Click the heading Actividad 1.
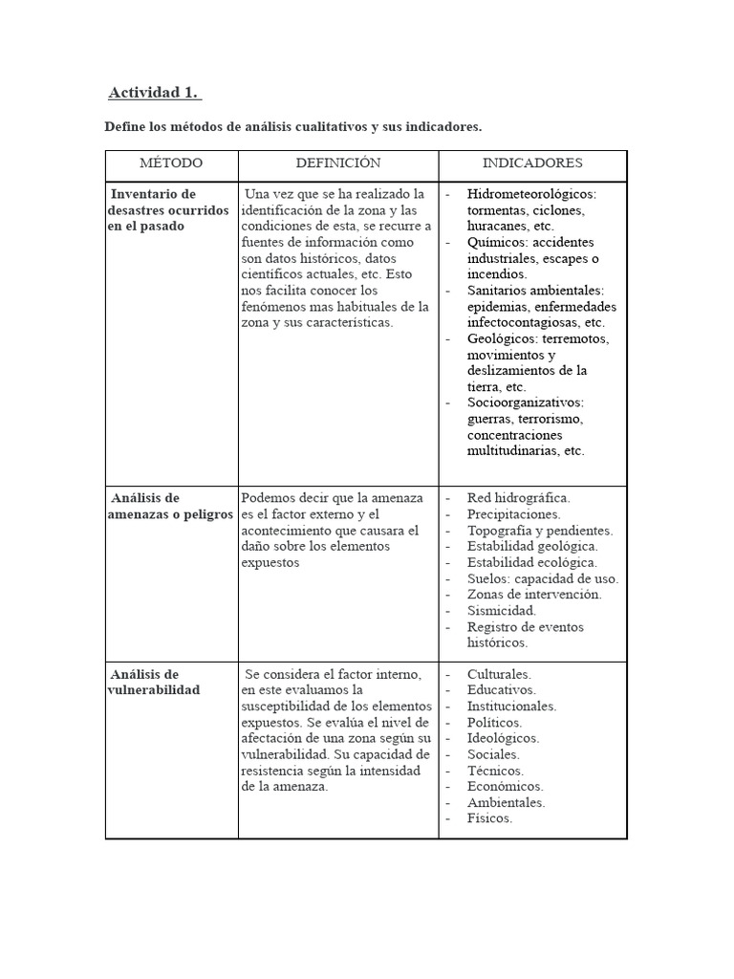click(154, 93)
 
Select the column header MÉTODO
click(171, 163)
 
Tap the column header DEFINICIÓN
click(337, 163)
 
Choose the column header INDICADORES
click(531, 163)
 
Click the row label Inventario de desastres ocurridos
click(167, 209)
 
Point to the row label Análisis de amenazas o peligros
click(170, 506)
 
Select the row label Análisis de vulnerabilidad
click(155, 682)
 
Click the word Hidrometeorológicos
click(530, 194)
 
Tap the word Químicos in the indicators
click(496, 243)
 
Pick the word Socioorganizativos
click(525, 402)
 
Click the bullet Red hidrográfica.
click(518, 498)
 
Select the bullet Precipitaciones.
click(513, 514)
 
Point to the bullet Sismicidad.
click(501, 610)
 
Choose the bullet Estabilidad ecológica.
click(531, 562)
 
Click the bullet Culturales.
click(499, 674)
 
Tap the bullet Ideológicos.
click(503, 738)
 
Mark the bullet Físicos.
click(489, 818)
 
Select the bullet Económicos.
click(505, 786)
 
